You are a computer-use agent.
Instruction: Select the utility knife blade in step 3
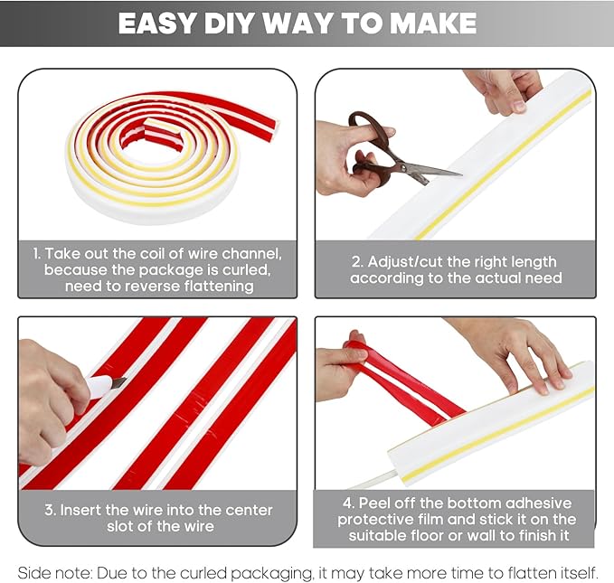click(119, 381)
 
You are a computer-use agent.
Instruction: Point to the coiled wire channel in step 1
click(173, 156)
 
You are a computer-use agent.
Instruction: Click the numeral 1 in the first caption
click(36, 253)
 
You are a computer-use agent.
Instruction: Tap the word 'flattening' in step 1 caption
click(219, 286)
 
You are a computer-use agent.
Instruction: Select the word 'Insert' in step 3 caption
click(80, 510)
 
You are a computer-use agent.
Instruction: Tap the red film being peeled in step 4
click(403, 384)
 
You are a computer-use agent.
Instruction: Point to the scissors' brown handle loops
click(370, 145)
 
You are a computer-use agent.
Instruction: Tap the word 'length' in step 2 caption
click(534, 261)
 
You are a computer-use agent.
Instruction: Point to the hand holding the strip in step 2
click(505, 92)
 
